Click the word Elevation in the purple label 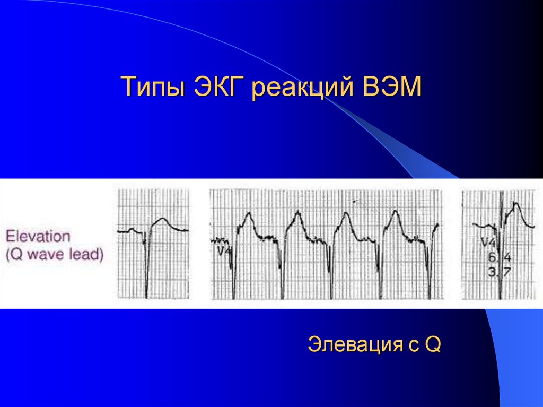click(38, 236)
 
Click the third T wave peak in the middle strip click(346, 214)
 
